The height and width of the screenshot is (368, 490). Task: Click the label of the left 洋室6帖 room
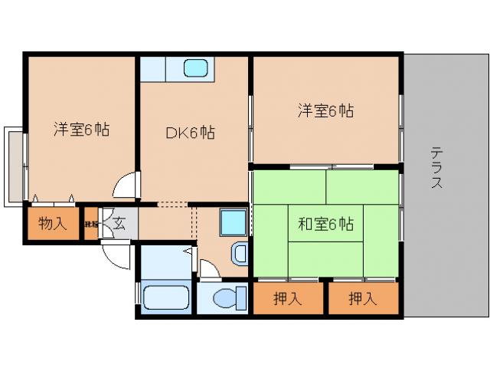coord(81,130)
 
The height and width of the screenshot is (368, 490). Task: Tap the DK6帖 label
coord(190,133)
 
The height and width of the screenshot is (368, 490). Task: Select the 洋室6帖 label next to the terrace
coord(325,110)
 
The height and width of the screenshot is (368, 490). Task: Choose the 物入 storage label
coord(53,224)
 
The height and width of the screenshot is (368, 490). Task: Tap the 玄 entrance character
coord(119,225)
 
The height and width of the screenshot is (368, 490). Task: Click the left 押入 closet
coord(288,298)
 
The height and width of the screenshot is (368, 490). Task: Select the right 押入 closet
coord(363,298)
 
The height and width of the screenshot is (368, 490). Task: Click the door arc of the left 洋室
coord(126,186)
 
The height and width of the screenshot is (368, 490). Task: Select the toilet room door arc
coord(208,268)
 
